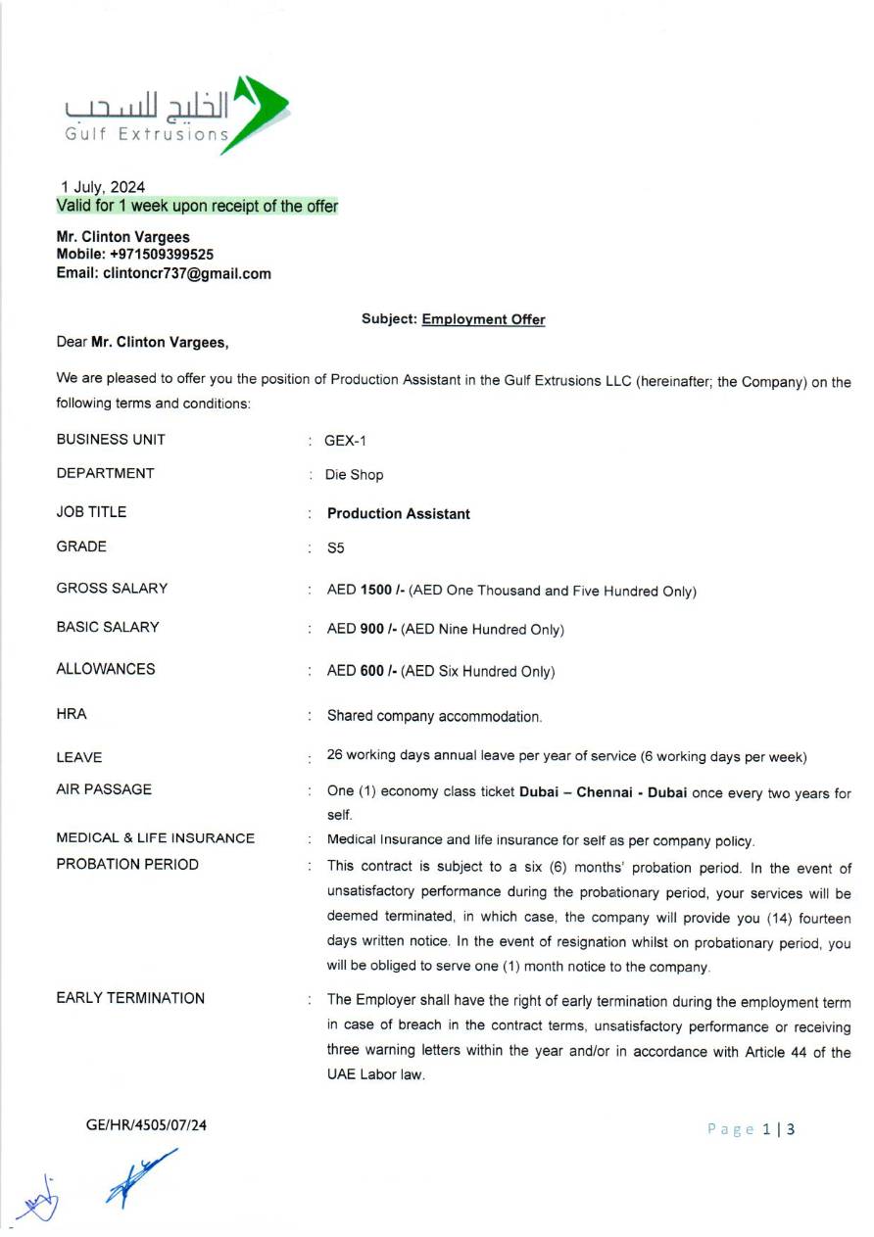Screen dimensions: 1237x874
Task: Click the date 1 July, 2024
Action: [103, 187]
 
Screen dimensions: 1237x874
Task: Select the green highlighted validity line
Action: [197, 207]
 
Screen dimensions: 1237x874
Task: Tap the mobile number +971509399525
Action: [162, 255]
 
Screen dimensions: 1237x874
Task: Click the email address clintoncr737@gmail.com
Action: [187, 274]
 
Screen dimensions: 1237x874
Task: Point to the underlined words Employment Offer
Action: [483, 319]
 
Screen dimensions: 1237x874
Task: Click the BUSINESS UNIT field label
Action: [111, 439]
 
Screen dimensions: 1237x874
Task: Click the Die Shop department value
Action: [354, 475]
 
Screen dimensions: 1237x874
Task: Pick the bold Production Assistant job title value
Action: [398, 514]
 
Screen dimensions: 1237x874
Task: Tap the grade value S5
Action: [335, 549]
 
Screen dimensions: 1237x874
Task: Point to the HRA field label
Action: [72, 714]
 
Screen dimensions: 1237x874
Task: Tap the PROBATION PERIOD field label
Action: [127, 865]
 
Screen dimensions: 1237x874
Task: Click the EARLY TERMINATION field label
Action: [130, 998]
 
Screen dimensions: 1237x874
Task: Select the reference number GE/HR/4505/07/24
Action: [146, 1125]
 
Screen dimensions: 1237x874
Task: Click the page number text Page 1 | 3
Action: [751, 1129]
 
